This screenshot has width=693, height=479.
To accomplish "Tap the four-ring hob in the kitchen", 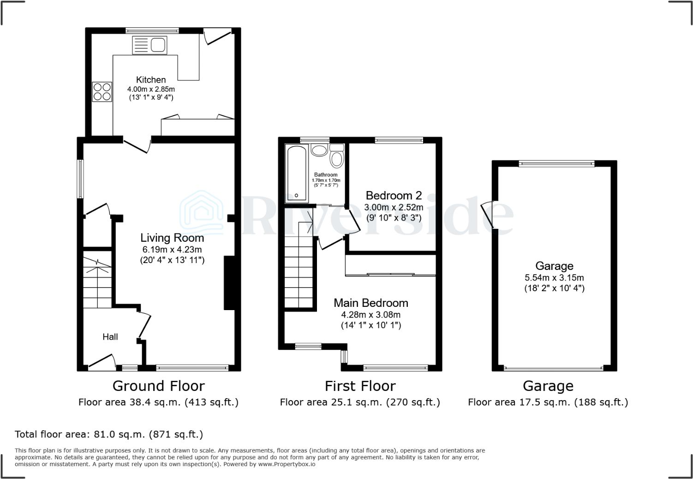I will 102,91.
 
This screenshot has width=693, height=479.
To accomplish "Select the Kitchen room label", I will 151,80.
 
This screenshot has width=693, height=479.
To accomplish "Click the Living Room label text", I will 172,238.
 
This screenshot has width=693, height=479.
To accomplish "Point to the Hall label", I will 110,337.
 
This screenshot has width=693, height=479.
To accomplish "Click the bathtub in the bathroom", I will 297,173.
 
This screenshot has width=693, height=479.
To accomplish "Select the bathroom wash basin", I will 319,150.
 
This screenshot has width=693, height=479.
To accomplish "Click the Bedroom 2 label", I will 394,196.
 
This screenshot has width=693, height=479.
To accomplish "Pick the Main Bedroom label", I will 371,303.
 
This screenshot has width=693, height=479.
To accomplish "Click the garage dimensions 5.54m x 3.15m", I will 554,278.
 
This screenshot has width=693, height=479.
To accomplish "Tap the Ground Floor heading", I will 158,386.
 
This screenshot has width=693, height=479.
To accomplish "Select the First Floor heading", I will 360,386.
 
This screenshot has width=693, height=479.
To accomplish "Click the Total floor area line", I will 109,434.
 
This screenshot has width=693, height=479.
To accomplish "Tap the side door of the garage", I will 487,215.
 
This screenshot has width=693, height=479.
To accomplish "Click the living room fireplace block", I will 229,283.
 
